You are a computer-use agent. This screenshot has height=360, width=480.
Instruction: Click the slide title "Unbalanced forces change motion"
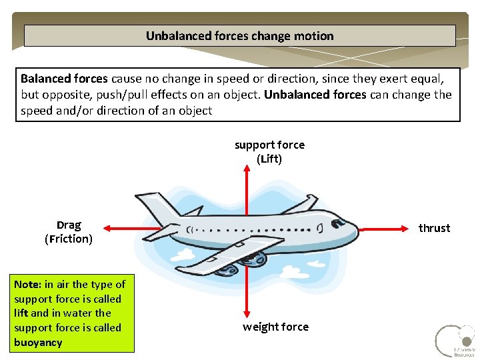pyautogui.click(x=240, y=36)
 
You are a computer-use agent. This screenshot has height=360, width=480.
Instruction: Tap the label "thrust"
pyautogui.click(x=434, y=228)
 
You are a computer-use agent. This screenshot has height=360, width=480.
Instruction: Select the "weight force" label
pyautogui.click(x=275, y=327)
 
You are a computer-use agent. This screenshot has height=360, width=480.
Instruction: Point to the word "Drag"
pyautogui.click(x=69, y=225)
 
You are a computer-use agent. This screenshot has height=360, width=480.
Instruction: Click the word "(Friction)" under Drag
pyautogui.click(x=69, y=239)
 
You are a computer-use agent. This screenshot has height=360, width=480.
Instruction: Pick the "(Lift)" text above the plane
pyautogui.click(x=269, y=159)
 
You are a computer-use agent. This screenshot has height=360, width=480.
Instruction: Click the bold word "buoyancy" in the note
pyautogui.click(x=38, y=343)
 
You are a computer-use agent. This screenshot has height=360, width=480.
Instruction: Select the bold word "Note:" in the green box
pyautogui.click(x=28, y=285)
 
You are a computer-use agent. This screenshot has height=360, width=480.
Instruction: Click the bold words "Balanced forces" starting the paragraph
pyautogui.click(x=64, y=78)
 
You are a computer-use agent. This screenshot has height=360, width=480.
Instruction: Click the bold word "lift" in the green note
pyautogui.click(x=21, y=313)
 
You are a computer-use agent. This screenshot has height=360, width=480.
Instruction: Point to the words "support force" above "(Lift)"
pyautogui.click(x=269, y=145)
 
